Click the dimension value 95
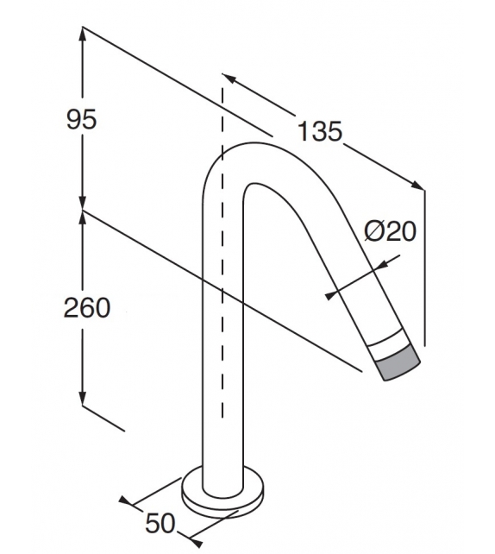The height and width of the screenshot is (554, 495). point(82,120)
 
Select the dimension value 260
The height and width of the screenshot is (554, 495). point(87,307)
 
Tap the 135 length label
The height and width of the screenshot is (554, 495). point(320,132)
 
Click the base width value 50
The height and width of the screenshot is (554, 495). point(161,523)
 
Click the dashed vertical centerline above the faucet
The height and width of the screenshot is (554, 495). point(224,112)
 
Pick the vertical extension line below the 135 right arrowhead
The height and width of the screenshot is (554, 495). point(425,259)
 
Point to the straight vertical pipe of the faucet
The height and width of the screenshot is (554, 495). point(214,362)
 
